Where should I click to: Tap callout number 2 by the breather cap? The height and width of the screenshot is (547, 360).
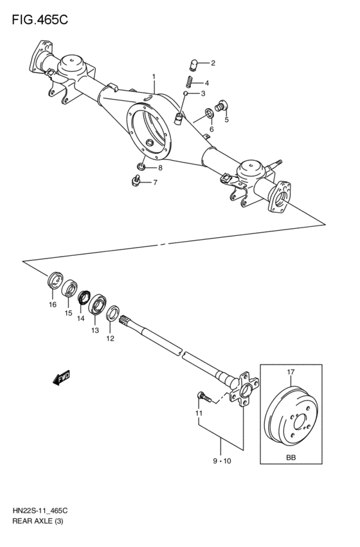tap(213, 63)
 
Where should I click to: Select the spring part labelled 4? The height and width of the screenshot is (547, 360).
tap(189, 82)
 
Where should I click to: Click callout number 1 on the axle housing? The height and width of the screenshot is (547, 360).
tap(154, 77)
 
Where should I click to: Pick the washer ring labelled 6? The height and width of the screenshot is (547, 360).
tap(209, 116)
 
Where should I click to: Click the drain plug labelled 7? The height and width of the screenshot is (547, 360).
tap(136, 182)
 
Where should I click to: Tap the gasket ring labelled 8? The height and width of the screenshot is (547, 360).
tap(141, 168)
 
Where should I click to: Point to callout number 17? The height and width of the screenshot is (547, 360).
tap(291, 372)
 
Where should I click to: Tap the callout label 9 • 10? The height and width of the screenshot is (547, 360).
tap(221, 461)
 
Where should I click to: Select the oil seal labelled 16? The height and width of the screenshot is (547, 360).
tap(55, 282)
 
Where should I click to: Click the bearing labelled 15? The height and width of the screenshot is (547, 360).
tap(69, 289)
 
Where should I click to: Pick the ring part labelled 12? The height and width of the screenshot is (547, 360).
tap(113, 314)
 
